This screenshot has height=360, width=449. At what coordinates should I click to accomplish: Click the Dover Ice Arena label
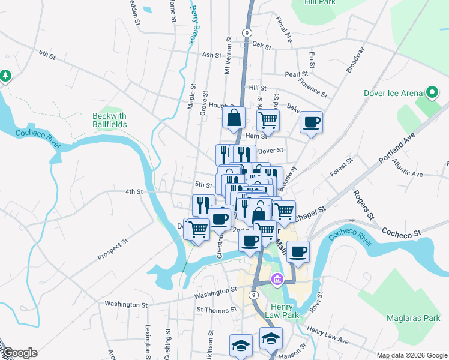[x=393, y=93]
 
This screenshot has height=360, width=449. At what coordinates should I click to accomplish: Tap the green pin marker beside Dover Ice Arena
[x=430, y=92]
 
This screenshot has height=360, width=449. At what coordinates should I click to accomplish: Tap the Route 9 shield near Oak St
[x=247, y=32]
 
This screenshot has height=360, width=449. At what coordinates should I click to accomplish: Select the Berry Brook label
[x=193, y=25]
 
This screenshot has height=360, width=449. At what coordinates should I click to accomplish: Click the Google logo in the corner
[x=19, y=353]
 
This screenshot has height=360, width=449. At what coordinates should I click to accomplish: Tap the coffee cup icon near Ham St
[x=311, y=122]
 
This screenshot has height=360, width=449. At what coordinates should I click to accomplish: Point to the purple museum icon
[x=276, y=279]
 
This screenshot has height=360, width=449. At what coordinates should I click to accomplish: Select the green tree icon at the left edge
[x=6, y=76]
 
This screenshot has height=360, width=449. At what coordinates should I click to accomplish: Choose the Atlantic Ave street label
[x=407, y=167]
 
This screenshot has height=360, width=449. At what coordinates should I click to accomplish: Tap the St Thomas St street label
[x=217, y=310]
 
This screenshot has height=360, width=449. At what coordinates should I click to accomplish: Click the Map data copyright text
[x=411, y=355]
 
